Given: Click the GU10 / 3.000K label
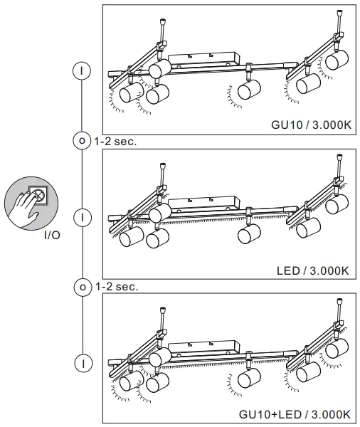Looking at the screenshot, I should point(310,124).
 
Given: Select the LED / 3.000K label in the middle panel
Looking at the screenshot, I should point(312,270).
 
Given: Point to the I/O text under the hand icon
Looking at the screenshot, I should point(51,234).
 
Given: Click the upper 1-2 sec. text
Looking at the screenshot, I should point(115,141).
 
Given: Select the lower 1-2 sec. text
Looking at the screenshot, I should point(115,287).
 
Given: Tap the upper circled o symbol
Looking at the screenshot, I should point(83,141).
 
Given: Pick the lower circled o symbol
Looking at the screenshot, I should point(83,287).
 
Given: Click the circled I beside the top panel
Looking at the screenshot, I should point(83,70).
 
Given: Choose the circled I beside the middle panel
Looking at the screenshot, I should point(83,215).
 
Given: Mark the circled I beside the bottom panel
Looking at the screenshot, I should point(83,362).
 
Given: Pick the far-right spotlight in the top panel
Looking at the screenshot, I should point(337,59).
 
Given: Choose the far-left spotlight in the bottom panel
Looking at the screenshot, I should point(129,384).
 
